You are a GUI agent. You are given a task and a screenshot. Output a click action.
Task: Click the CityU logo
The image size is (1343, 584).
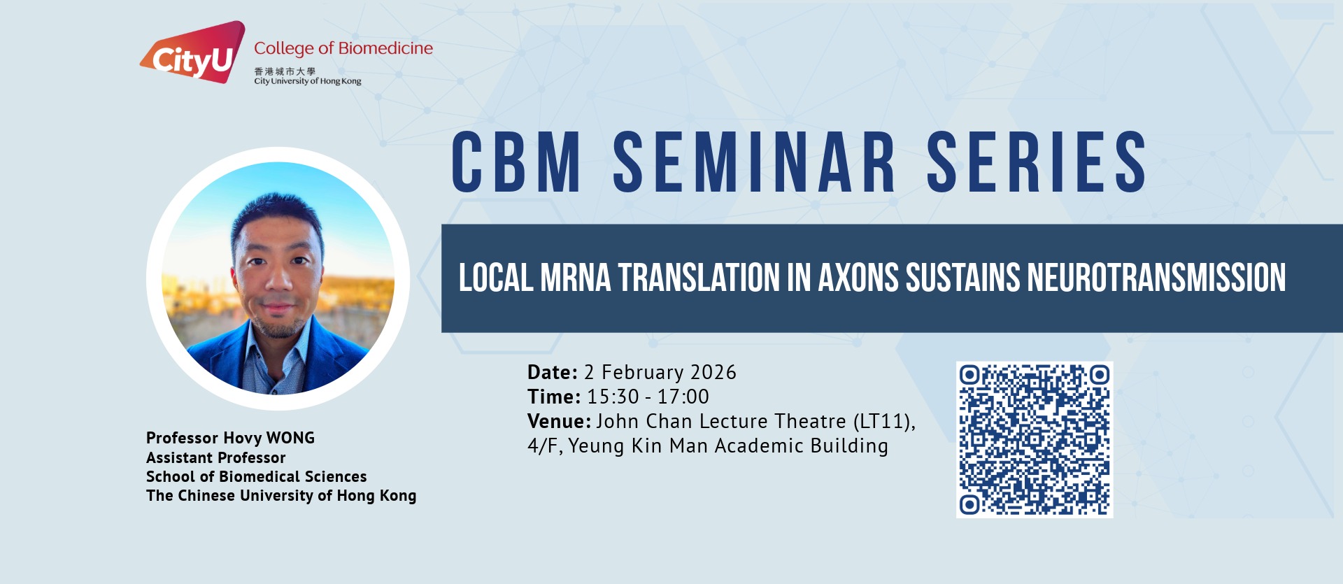click(193, 53)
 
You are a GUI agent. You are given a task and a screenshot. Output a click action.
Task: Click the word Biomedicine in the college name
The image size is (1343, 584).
click(385, 48)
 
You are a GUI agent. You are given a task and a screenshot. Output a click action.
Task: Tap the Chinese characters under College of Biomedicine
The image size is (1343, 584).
click(285, 71)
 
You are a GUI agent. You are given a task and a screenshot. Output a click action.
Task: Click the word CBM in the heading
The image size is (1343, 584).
click(516, 162)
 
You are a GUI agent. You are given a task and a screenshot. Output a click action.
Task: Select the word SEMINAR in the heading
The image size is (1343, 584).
click(754, 162)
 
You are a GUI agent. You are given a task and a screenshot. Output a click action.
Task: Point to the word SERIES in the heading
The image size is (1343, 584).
click(1037, 162)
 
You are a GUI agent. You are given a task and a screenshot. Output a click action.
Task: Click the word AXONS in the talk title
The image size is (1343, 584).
click(858, 278)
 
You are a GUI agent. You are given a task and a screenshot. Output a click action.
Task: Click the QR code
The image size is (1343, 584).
click(1035, 440)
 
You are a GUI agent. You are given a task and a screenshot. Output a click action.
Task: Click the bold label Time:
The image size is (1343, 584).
click(554, 397)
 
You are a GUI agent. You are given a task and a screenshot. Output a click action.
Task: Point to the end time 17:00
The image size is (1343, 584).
click(683, 397)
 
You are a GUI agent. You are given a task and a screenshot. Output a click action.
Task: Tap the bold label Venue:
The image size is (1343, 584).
click(560, 421)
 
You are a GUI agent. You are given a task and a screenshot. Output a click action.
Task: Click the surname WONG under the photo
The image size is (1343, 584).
click(290, 438)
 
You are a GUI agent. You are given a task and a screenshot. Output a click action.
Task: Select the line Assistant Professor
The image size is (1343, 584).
click(216, 457)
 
